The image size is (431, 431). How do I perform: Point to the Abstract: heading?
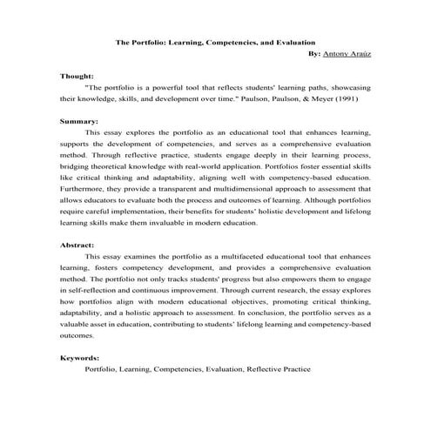[77, 246]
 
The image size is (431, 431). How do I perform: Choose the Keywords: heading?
[80, 357]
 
